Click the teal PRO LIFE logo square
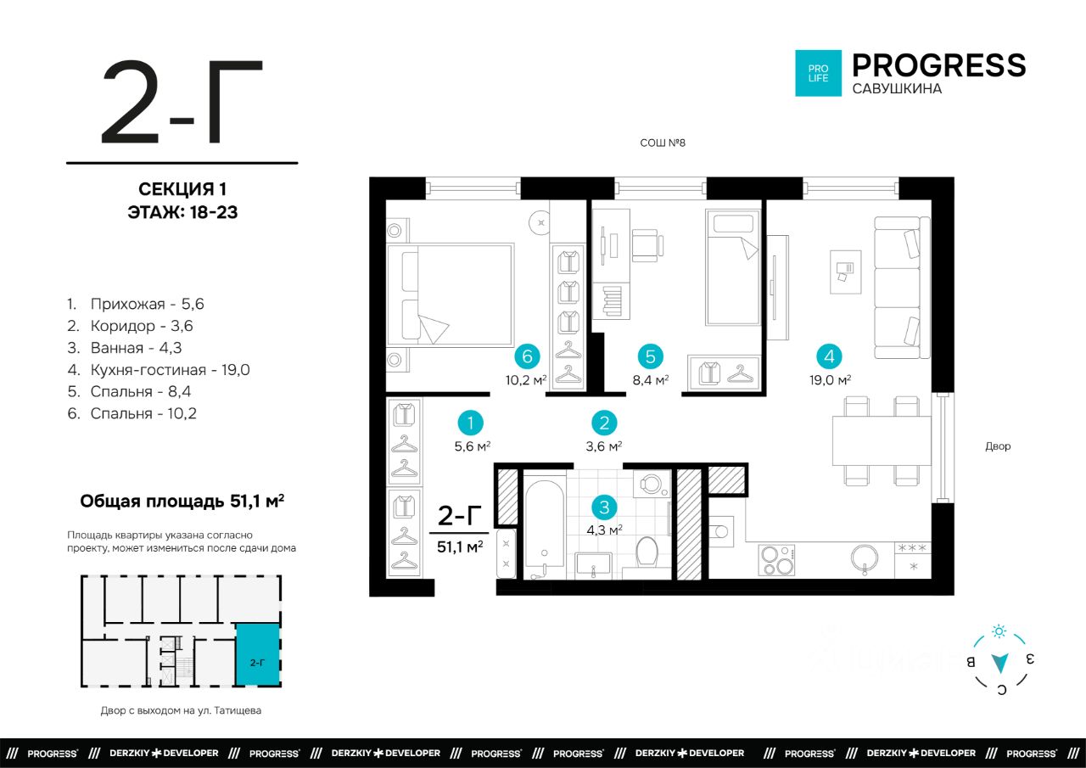coord(818,73)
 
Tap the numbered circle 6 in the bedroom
coord(527,356)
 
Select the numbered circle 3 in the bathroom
coord(604,507)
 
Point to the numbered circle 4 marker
coord(829,356)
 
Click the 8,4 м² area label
coord(651,379)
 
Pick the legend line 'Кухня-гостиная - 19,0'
coord(159,370)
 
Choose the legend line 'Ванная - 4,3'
coord(125,348)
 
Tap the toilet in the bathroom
coord(646,552)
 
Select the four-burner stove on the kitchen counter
coord(776,560)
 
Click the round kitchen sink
coord(865,558)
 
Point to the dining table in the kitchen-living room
coord(882,440)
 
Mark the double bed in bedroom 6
coord(451,294)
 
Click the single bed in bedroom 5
coord(732,267)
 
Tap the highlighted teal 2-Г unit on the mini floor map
coord(257,654)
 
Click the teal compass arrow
coord(999,663)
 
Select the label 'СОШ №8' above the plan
coord(663,143)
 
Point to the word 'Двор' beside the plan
coord(998,446)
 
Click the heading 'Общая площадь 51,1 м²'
coord(182,501)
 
